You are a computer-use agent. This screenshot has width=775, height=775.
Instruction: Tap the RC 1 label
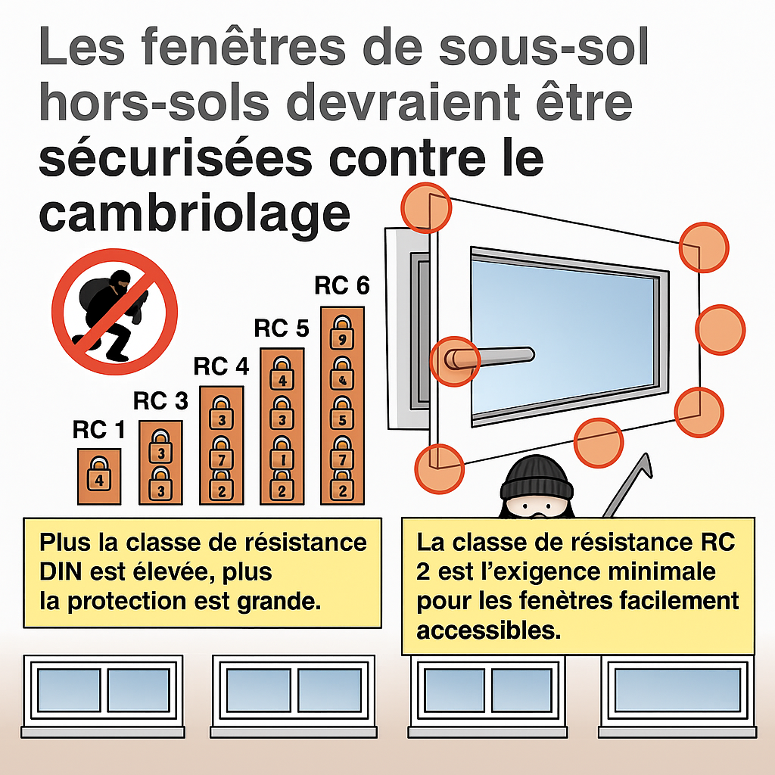[x=99, y=430]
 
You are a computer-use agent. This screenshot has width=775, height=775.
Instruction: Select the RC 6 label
[x=342, y=285]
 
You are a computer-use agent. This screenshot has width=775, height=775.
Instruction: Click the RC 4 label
[x=221, y=366]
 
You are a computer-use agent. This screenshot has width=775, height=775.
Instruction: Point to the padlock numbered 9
[x=342, y=333]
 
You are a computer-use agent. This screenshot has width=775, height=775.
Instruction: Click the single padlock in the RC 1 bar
[x=99, y=474]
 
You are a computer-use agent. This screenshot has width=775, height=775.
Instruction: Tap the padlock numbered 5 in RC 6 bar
[x=342, y=413]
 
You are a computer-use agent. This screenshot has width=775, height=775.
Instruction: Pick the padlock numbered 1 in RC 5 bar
[x=282, y=453]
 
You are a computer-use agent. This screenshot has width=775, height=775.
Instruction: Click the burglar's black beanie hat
[x=537, y=478]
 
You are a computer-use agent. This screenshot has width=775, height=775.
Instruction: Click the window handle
[x=489, y=357]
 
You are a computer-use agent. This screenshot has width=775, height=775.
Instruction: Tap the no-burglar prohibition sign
[x=115, y=311]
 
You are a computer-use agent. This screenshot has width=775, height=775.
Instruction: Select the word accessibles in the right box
[x=488, y=630]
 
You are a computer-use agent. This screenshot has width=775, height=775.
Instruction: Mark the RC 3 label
[x=160, y=401]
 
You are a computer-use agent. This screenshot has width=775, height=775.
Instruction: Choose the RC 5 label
[x=282, y=328]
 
